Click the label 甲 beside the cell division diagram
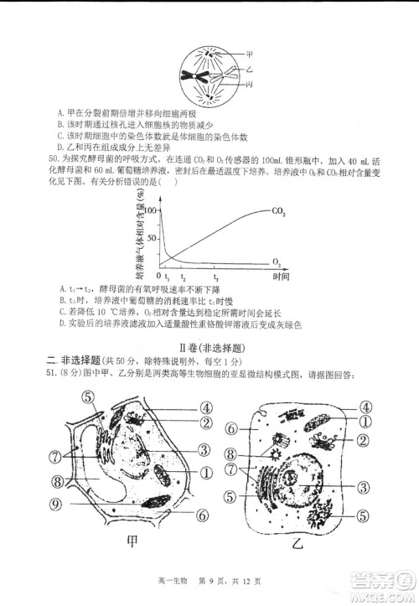[x=249, y=52]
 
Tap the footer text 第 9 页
[x=211, y=590]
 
